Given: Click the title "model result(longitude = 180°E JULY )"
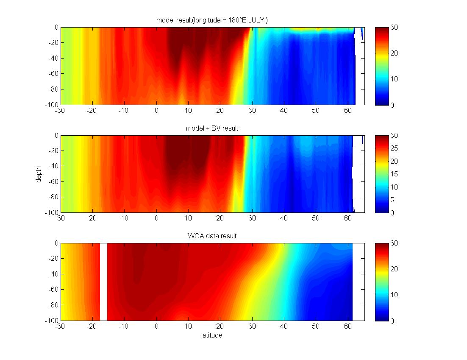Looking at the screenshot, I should coord(212,20).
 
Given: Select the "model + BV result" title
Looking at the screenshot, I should coord(212,128).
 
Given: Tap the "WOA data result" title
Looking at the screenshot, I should coord(212,236).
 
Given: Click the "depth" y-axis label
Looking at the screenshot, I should coord(39,174).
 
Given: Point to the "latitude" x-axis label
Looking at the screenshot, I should coord(211,335).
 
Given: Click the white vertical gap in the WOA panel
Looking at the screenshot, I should coord(103,282).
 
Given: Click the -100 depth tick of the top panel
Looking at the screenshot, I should coord(52,105).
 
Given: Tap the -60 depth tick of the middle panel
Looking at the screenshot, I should coord(53,182).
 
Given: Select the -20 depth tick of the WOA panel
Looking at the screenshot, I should coord(53,259).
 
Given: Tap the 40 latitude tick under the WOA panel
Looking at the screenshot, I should coord(284,327).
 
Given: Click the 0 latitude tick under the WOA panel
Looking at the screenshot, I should coord(157,327).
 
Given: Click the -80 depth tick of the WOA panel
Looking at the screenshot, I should coord(53,305).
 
